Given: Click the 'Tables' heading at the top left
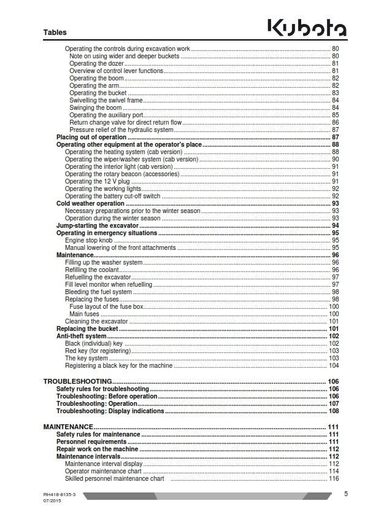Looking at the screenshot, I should coord(55,33).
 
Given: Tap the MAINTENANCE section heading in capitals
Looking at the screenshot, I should coord(68,427).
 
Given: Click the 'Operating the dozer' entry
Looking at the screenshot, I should coord(96,63).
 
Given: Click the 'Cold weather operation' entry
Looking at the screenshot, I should coord(90,203).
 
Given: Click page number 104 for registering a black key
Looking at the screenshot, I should coord(334,366).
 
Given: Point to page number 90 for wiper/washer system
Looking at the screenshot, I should coord(336,159).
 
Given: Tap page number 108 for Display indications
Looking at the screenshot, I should coord(334,411).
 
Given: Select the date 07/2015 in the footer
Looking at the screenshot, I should coord(53,502).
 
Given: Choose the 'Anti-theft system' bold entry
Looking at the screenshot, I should coord(81,336).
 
